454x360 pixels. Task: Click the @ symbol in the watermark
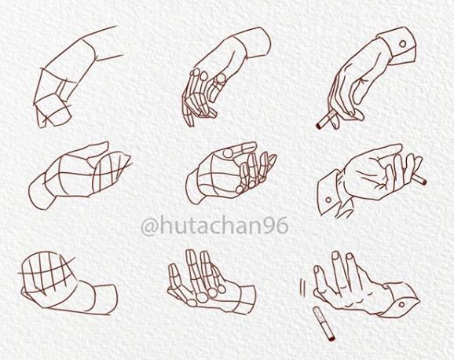[x=150, y=226]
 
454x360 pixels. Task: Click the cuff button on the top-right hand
[x=402, y=44]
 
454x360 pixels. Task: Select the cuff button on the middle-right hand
[x=328, y=200]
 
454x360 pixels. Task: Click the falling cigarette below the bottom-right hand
[x=324, y=324]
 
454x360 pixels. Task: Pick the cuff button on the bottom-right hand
[x=402, y=305]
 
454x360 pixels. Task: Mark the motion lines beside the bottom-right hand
[x=303, y=287]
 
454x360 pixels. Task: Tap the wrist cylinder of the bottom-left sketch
[x=101, y=299]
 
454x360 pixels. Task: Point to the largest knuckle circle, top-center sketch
[x=221, y=79]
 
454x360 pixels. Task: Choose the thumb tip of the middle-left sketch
[x=104, y=144]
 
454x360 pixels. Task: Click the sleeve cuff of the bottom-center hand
[x=247, y=299]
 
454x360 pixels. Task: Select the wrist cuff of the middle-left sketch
[x=41, y=192]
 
